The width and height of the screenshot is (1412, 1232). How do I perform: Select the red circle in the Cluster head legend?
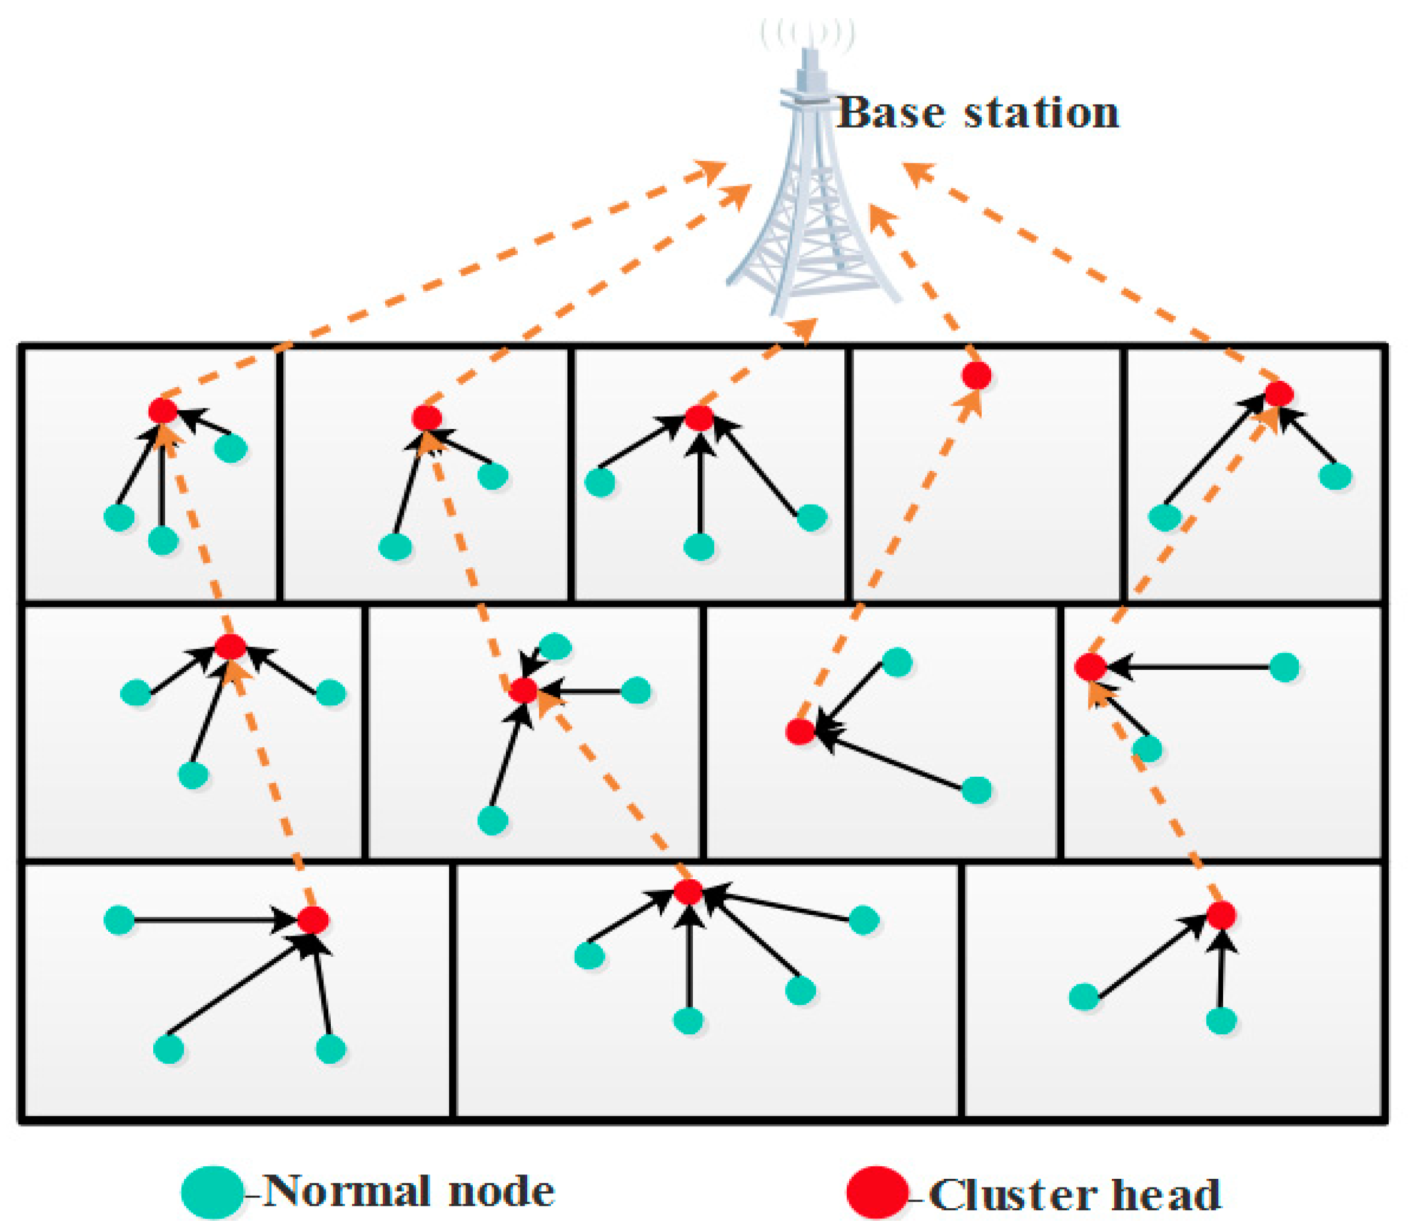(x=876, y=1192)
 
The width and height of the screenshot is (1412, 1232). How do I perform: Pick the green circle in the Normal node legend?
(x=213, y=1192)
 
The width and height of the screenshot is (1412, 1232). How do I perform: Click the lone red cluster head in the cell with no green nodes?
(x=976, y=375)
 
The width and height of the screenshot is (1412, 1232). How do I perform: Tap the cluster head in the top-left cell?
(x=163, y=410)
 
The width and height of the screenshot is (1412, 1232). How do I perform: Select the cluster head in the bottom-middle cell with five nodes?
(x=687, y=892)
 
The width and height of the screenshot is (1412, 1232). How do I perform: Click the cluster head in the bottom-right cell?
(x=1221, y=915)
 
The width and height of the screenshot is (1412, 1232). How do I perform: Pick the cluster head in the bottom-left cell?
(x=313, y=920)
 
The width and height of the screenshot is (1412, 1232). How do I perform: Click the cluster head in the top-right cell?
(x=1279, y=394)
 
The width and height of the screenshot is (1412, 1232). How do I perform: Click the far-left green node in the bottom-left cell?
(x=119, y=920)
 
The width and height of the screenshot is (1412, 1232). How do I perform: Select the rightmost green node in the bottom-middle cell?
(x=864, y=920)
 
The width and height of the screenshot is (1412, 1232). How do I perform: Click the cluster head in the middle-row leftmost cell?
(x=230, y=646)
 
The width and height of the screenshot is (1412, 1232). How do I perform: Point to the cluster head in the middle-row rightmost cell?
(x=1089, y=667)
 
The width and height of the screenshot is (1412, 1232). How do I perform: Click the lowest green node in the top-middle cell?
(x=699, y=547)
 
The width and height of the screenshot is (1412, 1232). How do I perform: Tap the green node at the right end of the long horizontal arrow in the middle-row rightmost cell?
(x=1283, y=667)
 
